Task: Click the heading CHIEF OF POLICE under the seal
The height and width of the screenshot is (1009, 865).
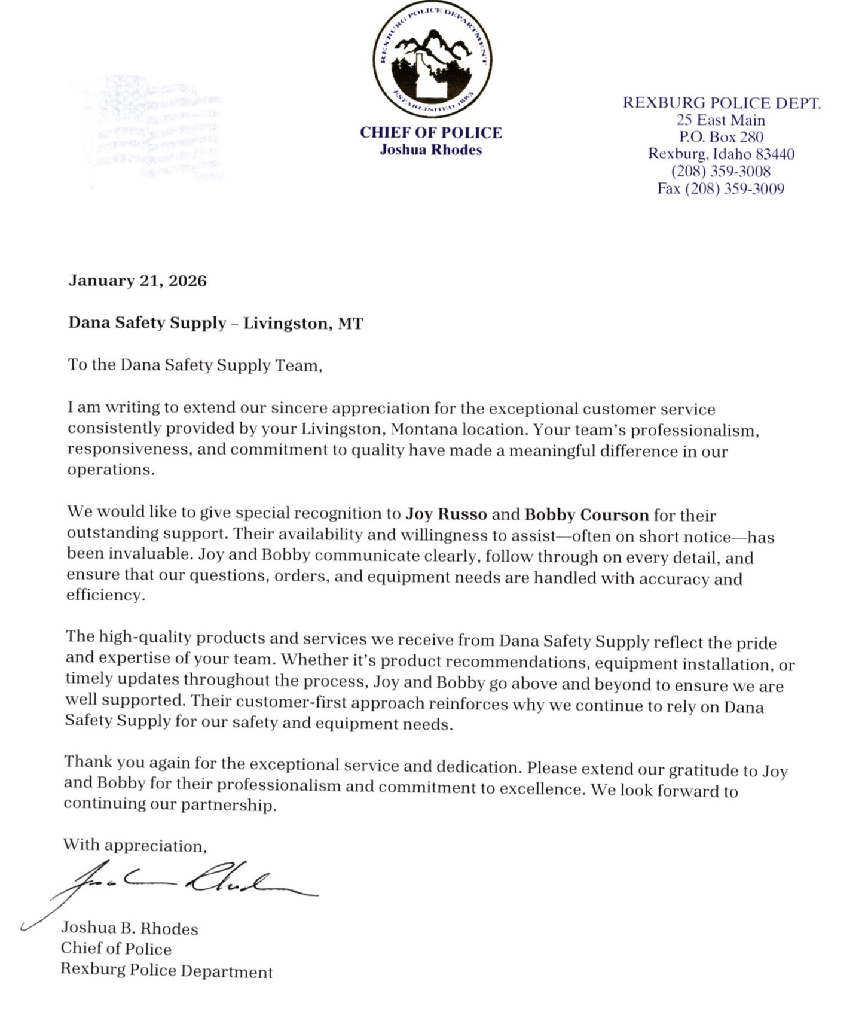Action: (x=430, y=133)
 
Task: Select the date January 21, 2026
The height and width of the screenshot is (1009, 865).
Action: (x=137, y=281)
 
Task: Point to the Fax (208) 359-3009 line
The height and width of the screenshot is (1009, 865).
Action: (x=720, y=189)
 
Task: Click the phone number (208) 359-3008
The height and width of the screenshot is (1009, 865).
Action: (x=721, y=172)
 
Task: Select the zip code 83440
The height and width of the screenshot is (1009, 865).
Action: (x=775, y=154)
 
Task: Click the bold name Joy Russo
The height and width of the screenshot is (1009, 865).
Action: (x=447, y=514)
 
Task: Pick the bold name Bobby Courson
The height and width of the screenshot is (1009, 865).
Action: (x=586, y=514)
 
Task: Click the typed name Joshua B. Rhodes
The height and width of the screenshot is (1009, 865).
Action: (x=129, y=928)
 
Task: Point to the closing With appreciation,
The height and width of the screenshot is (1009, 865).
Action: (x=135, y=845)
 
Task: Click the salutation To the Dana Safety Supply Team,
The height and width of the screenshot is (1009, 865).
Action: (x=195, y=365)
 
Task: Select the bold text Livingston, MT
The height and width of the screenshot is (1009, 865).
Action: (x=302, y=324)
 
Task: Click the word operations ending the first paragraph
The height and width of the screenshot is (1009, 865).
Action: (x=111, y=470)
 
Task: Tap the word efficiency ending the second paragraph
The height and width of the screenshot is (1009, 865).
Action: (x=105, y=596)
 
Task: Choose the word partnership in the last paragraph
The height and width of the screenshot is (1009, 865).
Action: (x=234, y=805)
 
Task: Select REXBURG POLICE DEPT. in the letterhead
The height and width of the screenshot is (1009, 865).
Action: (x=722, y=103)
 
